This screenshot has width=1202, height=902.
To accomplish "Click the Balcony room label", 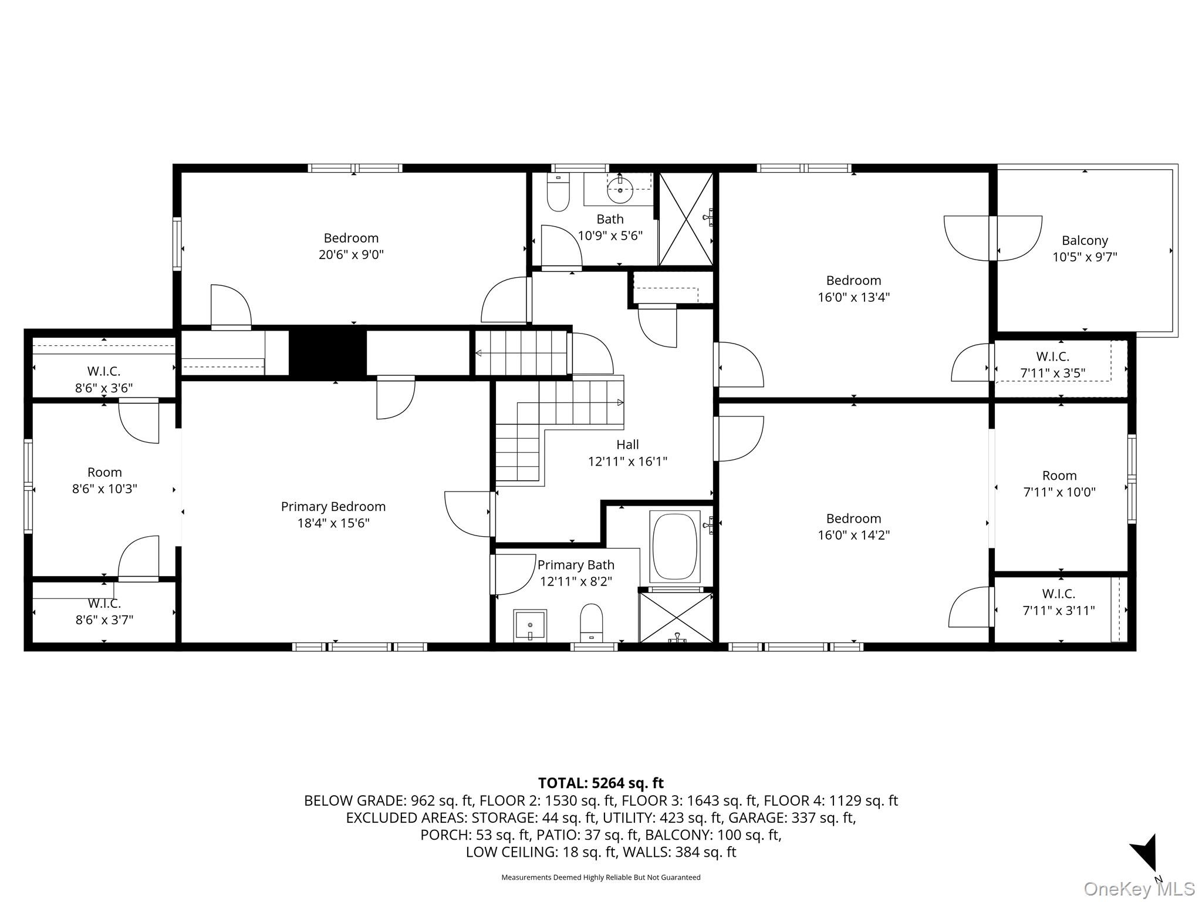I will [x=1085, y=240].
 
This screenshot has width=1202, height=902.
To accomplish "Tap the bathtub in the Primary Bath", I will [x=674, y=547].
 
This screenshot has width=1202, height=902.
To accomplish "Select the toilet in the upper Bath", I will [x=558, y=193].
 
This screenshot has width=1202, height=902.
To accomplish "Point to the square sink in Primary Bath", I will [x=530, y=625].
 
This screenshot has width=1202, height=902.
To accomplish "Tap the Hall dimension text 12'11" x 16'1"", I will [x=627, y=462].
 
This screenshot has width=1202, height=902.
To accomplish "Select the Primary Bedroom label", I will [x=333, y=506].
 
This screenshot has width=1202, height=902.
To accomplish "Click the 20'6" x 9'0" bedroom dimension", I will [x=351, y=255].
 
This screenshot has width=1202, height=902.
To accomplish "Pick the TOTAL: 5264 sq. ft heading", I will [x=600, y=783].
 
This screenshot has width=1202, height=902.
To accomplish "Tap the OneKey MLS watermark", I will [x=1139, y=889].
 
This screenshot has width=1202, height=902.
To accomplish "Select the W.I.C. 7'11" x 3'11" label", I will [x=1059, y=603].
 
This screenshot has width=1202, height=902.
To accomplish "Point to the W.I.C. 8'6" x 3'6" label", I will [x=104, y=379].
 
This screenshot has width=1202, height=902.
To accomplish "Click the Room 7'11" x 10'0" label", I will [x=1059, y=484].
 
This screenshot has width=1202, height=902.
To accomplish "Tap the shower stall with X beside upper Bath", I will [x=686, y=218].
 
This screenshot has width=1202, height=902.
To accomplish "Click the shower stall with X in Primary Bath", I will [x=677, y=617].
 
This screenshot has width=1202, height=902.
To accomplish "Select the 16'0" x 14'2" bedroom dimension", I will [x=853, y=535].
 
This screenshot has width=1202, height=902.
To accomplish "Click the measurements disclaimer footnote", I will [x=600, y=877].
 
